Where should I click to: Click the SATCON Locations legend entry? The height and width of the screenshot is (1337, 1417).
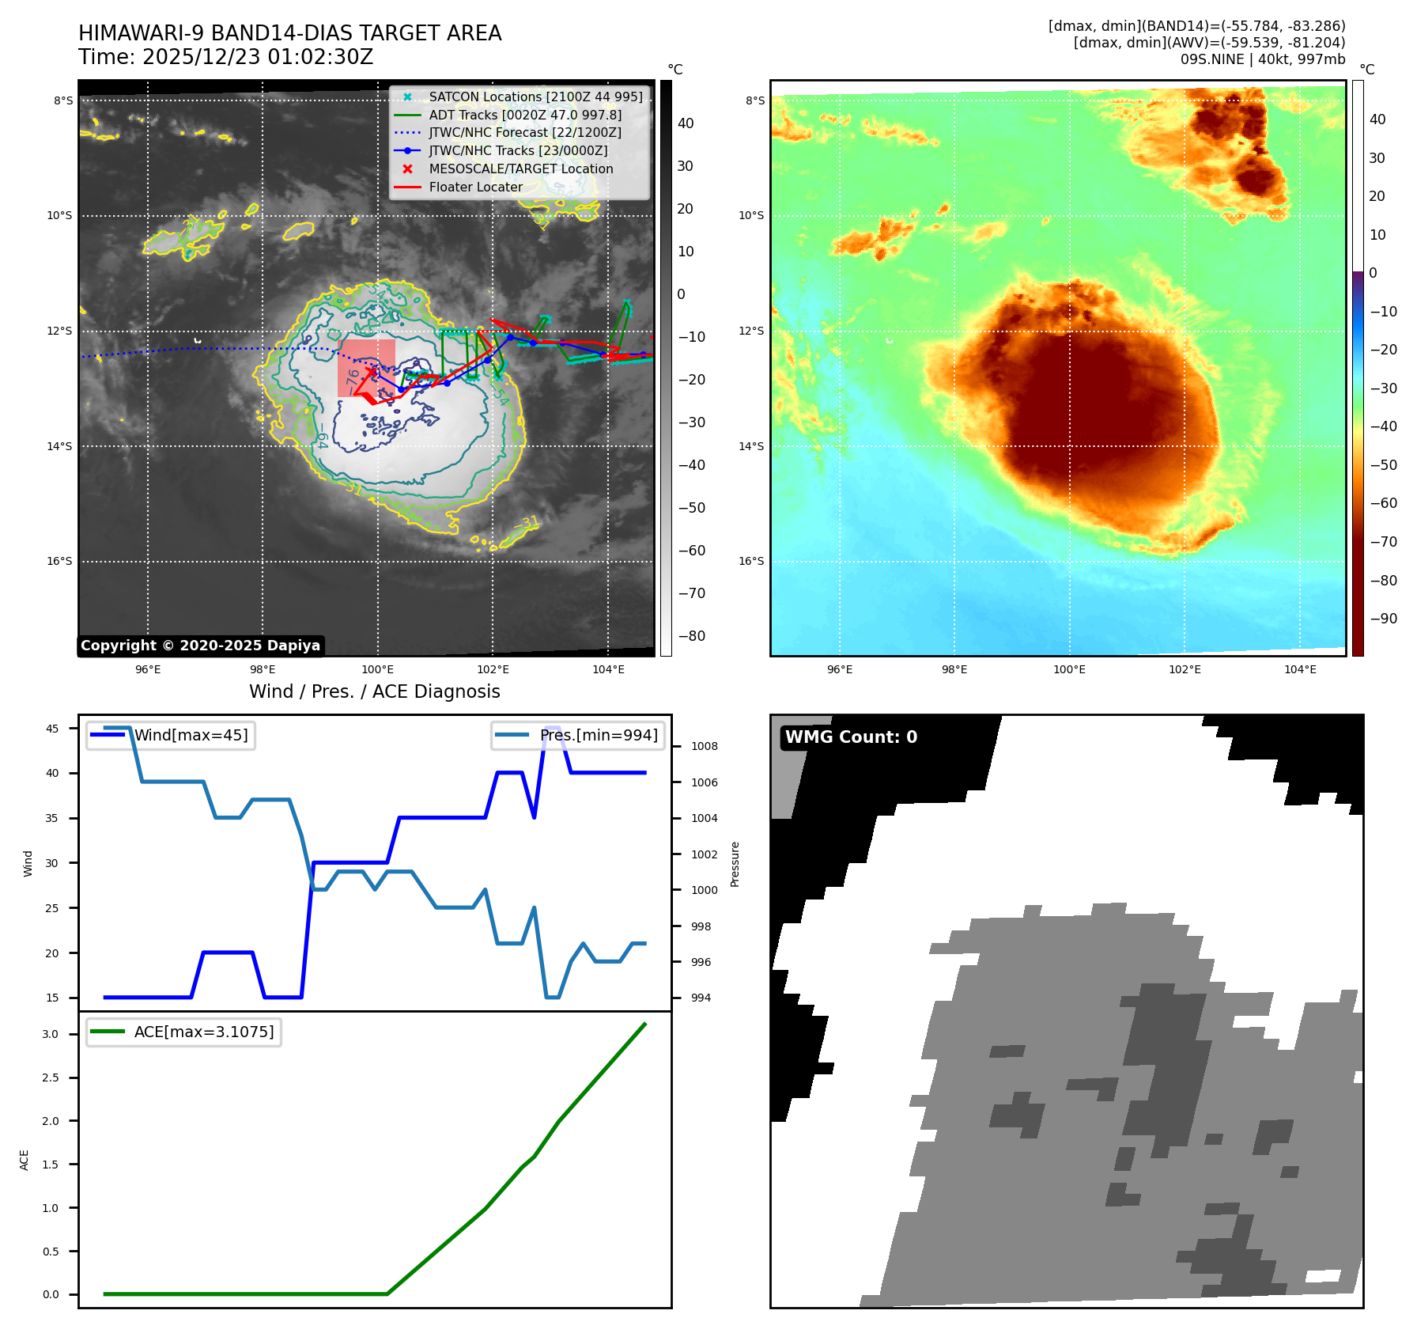[535, 97]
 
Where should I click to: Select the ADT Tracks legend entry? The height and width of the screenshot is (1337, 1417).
[525, 115]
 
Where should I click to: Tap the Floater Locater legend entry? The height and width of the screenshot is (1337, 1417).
[475, 187]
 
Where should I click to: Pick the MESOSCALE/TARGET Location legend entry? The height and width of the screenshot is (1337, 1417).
[520, 169]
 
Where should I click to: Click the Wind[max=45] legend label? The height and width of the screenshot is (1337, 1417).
[191, 735]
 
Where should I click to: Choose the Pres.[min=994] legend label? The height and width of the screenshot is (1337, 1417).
[598, 735]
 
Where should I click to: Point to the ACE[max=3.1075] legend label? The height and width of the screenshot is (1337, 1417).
[203, 1032]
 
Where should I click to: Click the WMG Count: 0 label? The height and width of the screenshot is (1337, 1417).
[851, 737]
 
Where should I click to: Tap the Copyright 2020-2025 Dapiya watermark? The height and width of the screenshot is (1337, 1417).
[200, 646]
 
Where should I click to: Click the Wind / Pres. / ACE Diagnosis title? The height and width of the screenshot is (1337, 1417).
[374, 691]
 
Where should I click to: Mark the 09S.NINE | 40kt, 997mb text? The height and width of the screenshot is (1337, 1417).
[1262, 59]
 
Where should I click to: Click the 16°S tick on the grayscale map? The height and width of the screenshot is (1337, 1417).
[59, 561]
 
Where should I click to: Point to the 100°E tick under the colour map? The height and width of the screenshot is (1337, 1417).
[1069, 669]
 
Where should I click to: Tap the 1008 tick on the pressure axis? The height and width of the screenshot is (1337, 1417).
[704, 746]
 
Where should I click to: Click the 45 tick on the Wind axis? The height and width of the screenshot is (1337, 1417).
[52, 729]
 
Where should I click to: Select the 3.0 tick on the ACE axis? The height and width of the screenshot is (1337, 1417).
[51, 1034]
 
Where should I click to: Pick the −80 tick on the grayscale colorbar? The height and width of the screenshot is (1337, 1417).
[691, 635]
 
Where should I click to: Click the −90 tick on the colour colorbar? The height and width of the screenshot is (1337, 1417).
[1383, 619]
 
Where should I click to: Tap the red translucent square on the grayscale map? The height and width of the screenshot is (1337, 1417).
[366, 368]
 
